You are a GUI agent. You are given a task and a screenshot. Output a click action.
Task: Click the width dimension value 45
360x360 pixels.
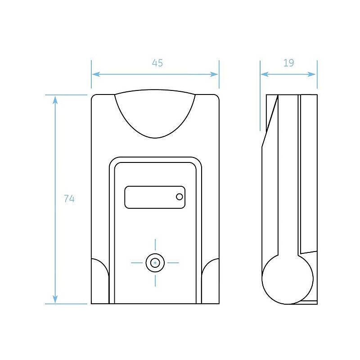pos(157,63)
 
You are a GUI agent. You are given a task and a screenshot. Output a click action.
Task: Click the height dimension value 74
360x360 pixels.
pos(69,198)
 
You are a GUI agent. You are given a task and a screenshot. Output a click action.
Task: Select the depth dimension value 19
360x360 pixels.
pos(288,63)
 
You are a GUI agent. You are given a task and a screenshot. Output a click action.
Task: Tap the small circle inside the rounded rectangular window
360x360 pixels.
pos(180,197)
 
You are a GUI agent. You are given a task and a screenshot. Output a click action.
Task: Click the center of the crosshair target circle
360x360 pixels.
pos(155,263)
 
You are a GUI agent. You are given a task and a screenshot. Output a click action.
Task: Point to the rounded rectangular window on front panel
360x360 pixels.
pos(155,197)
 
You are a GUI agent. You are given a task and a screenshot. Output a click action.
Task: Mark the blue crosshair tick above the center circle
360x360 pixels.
pos(155,245)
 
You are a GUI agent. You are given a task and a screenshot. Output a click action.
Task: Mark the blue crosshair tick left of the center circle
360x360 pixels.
pos(137,263)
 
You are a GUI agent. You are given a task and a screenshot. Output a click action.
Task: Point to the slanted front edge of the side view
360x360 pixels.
pos(270,121)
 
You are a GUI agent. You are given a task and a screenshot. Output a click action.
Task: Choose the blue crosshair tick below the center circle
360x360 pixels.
pos(155,281)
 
